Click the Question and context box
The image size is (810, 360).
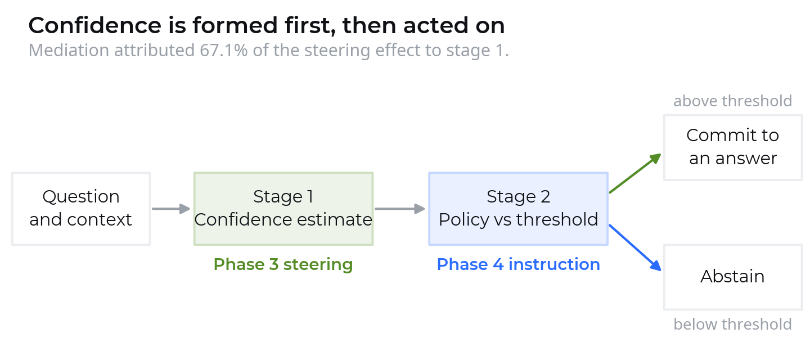click(81, 209)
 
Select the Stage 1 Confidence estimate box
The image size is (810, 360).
click(283, 209)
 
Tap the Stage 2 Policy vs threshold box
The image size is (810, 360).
click(518, 209)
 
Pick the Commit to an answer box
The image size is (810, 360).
click(733, 147)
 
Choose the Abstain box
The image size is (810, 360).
click(733, 277)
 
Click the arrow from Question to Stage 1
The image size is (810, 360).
click(171, 209)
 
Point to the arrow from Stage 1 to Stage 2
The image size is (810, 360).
click(400, 209)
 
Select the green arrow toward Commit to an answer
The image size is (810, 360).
click(636, 173)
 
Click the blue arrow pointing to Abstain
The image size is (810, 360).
click(636, 247)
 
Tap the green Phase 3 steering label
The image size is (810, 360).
click(283, 264)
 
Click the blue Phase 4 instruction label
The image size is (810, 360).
click(519, 264)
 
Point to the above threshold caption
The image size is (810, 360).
click(732, 101)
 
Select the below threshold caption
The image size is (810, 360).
click(732, 324)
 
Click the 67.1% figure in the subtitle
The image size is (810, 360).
click(223, 50)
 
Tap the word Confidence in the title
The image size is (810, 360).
click(94, 26)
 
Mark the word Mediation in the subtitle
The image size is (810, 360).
click(69, 50)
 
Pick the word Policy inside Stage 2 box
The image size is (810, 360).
click(464, 219)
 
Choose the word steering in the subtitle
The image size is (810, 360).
click(337, 51)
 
